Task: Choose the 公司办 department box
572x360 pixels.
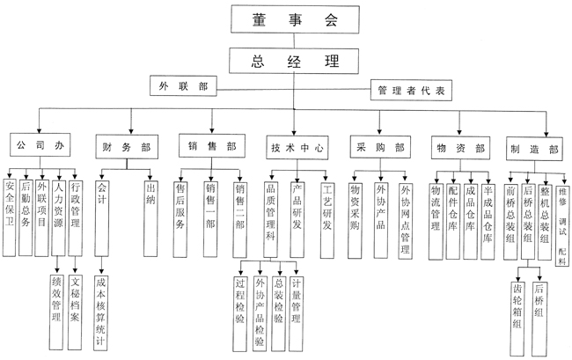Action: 36,144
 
